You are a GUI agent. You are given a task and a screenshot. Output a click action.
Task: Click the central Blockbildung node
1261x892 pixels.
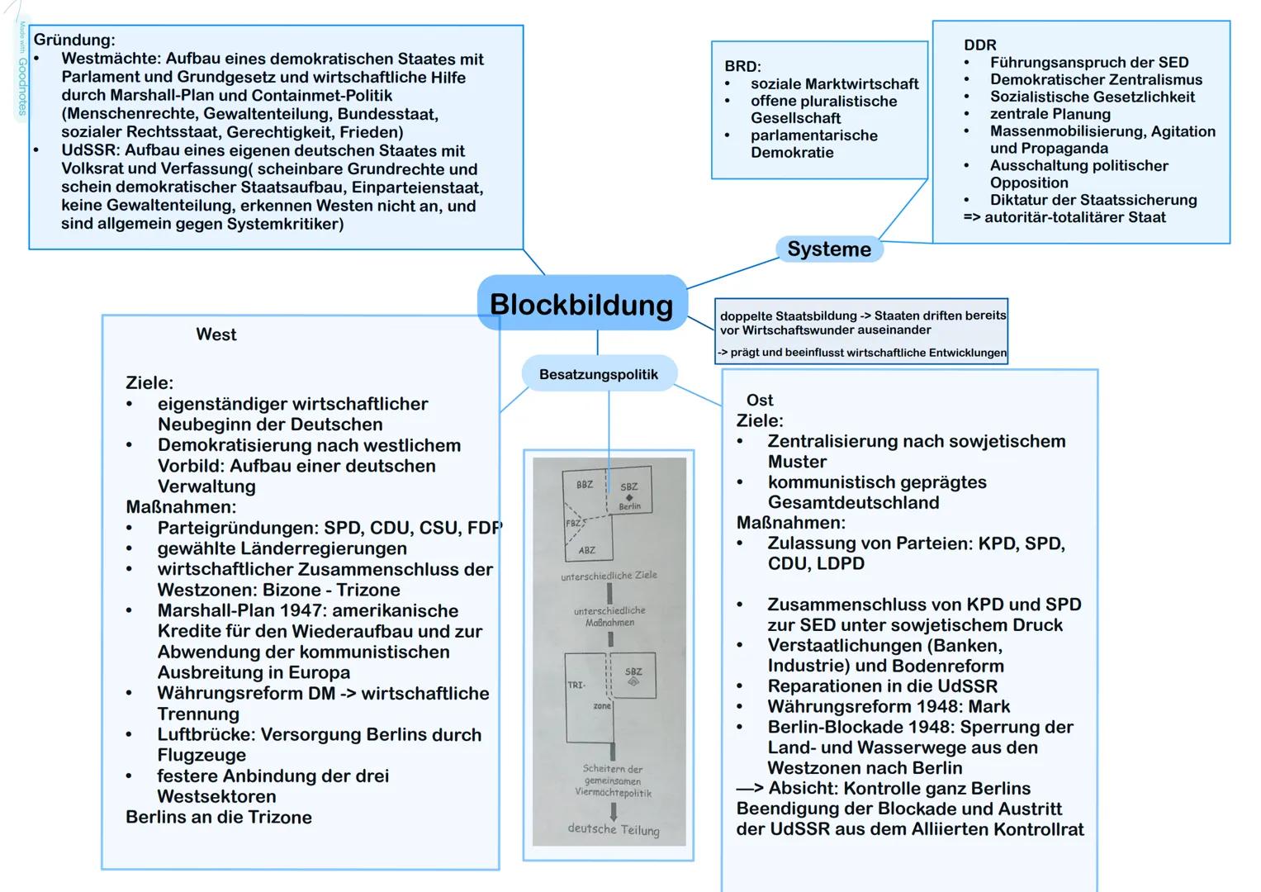coord(581,304)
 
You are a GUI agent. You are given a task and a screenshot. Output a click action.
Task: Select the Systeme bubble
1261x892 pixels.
coord(828,249)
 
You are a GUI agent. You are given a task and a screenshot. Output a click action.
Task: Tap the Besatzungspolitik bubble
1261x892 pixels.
coord(598,374)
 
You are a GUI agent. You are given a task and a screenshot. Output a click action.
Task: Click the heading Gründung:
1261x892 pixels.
coord(74,40)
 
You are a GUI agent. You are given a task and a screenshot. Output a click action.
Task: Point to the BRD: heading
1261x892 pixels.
coord(742,66)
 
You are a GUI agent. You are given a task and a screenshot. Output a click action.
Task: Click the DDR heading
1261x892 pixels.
coord(979,45)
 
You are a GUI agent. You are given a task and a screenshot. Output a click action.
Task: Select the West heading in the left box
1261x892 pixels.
coord(216,334)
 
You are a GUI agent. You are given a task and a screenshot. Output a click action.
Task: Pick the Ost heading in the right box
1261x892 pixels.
coord(759,401)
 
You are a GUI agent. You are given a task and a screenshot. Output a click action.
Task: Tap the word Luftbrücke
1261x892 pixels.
coord(203,734)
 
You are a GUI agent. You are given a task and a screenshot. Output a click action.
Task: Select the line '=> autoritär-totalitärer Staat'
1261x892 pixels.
coord(1064,217)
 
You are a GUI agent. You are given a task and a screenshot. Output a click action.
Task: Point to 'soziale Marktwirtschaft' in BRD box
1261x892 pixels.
coord(833,84)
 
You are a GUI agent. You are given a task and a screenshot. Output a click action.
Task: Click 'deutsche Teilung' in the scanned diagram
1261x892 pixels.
coord(613,829)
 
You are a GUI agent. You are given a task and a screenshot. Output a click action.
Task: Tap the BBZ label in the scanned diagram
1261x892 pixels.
coord(584,485)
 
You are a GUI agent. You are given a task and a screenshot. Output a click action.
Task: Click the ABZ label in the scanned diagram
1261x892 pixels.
coord(586,550)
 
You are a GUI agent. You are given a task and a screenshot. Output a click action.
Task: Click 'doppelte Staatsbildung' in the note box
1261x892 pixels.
coord(788,316)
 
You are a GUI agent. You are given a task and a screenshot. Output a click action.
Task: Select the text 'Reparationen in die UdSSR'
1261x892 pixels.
coord(882,686)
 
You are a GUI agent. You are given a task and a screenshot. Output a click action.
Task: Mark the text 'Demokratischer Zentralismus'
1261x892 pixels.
coord(1095,79)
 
